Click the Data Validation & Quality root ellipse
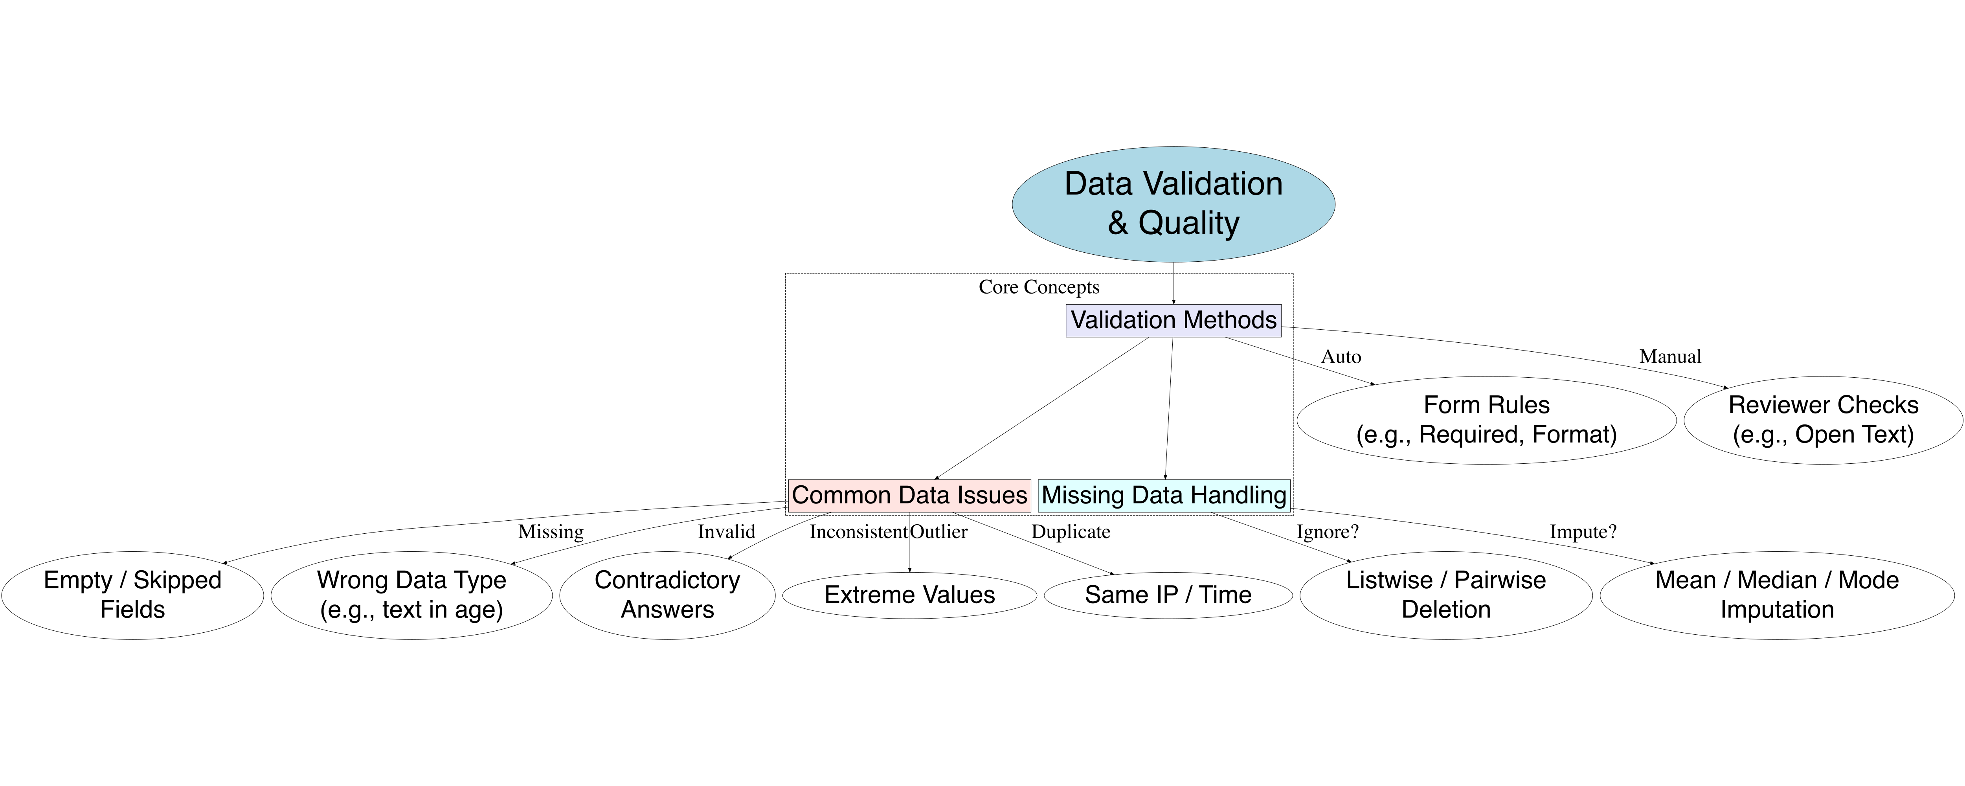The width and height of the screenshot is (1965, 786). [1173, 204]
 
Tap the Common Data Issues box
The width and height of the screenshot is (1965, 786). [909, 495]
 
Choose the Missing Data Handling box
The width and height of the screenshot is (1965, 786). [1164, 495]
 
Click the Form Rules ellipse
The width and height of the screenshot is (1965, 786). [1486, 420]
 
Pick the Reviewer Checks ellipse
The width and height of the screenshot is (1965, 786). [1823, 420]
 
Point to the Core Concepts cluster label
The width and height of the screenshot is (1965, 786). [1039, 287]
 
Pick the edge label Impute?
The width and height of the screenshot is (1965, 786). [1583, 532]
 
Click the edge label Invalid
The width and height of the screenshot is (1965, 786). [726, 532]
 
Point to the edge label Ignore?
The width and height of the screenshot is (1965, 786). [1327, 532]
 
